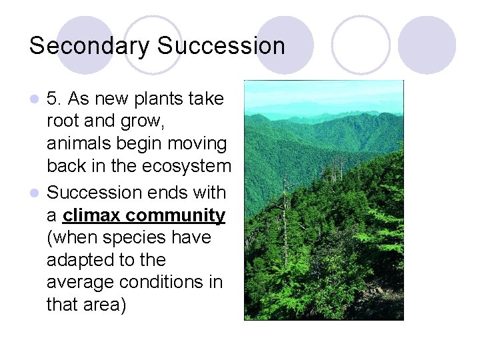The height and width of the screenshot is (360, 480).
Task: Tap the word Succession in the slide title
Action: coord(221,46)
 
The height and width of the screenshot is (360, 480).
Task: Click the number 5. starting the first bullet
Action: coord(55,99)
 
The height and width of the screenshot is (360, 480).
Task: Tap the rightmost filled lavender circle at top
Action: coord(427,45)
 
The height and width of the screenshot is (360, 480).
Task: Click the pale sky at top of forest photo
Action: coord(323,89)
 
